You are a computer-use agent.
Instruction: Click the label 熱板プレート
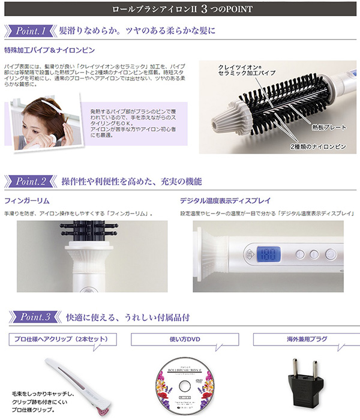tap(328, 128)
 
